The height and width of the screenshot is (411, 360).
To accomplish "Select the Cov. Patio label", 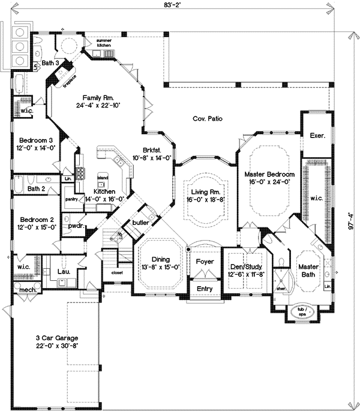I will (208, 119).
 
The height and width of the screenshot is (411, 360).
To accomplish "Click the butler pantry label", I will (140, 221).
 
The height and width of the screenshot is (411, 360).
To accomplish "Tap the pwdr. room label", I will (75, 226).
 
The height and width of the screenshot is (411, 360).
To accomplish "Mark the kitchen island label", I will (103, 178).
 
